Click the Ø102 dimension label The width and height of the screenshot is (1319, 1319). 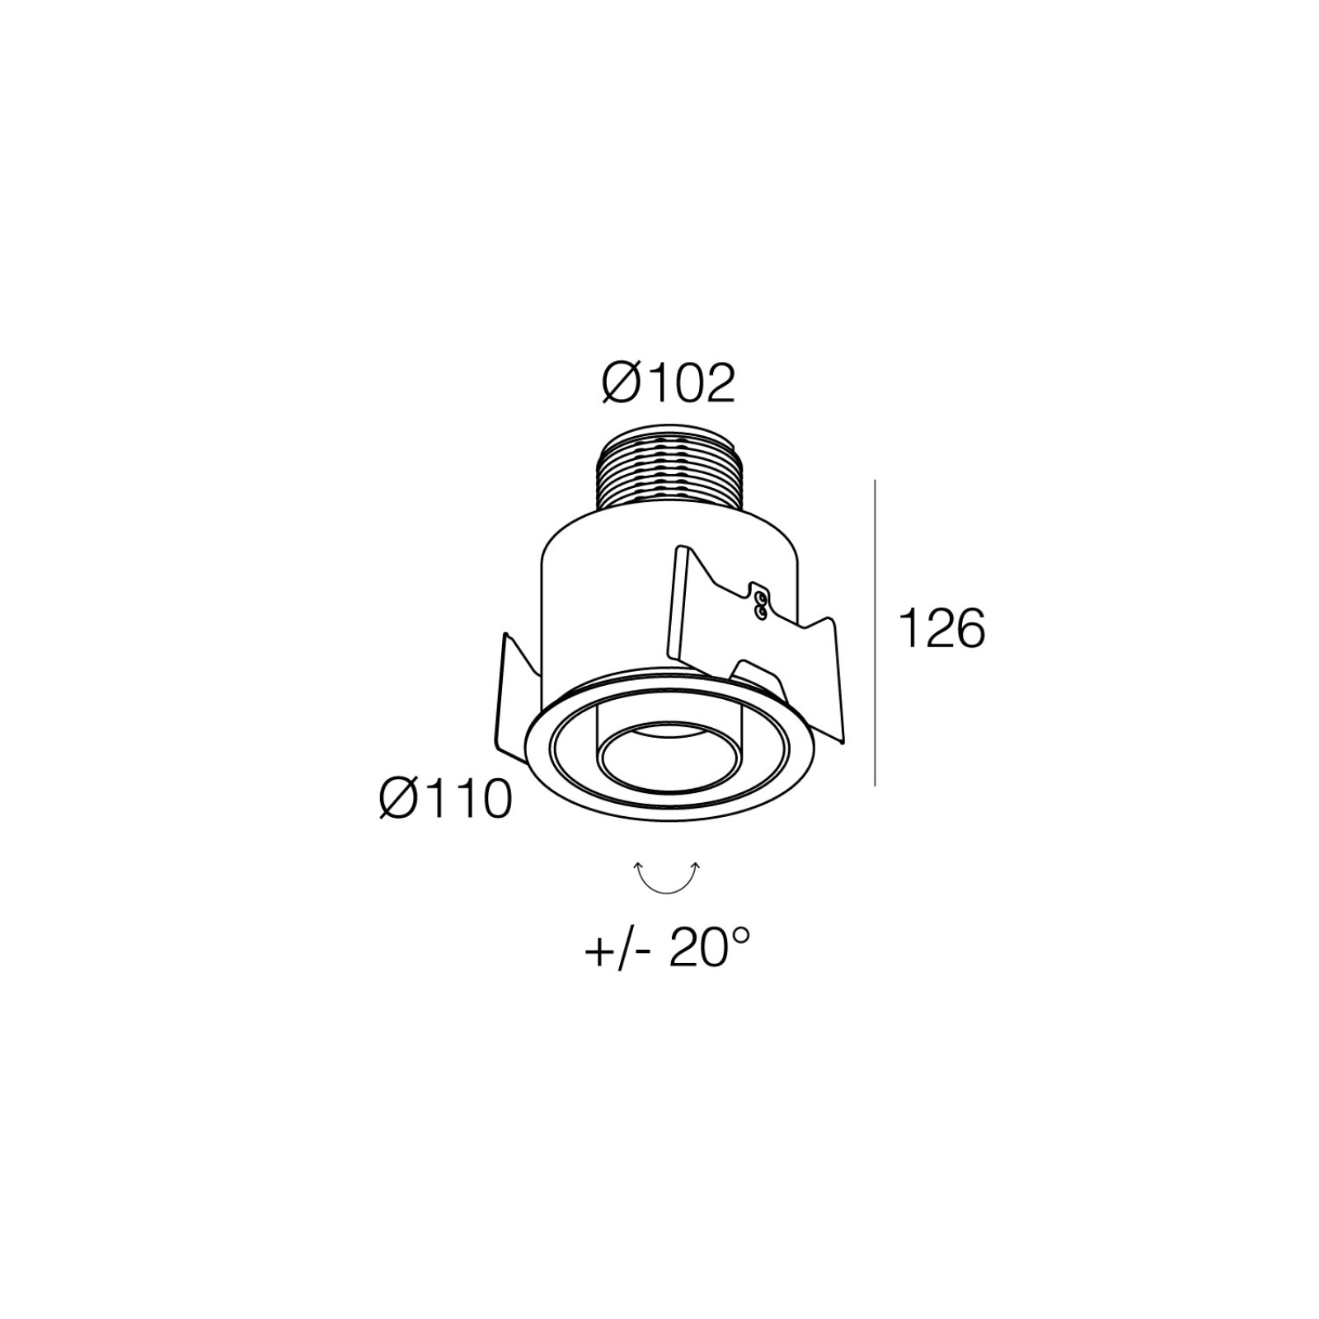[x=668, y=384]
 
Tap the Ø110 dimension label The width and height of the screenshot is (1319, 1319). [x=445, y=799]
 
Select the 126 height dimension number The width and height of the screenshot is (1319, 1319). [x=941, y=630]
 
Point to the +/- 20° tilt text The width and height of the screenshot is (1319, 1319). [x=668, y=951]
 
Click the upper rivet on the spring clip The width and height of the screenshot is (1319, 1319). [x=760, y=596]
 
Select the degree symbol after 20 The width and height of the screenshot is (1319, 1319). [x=741, y=936]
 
